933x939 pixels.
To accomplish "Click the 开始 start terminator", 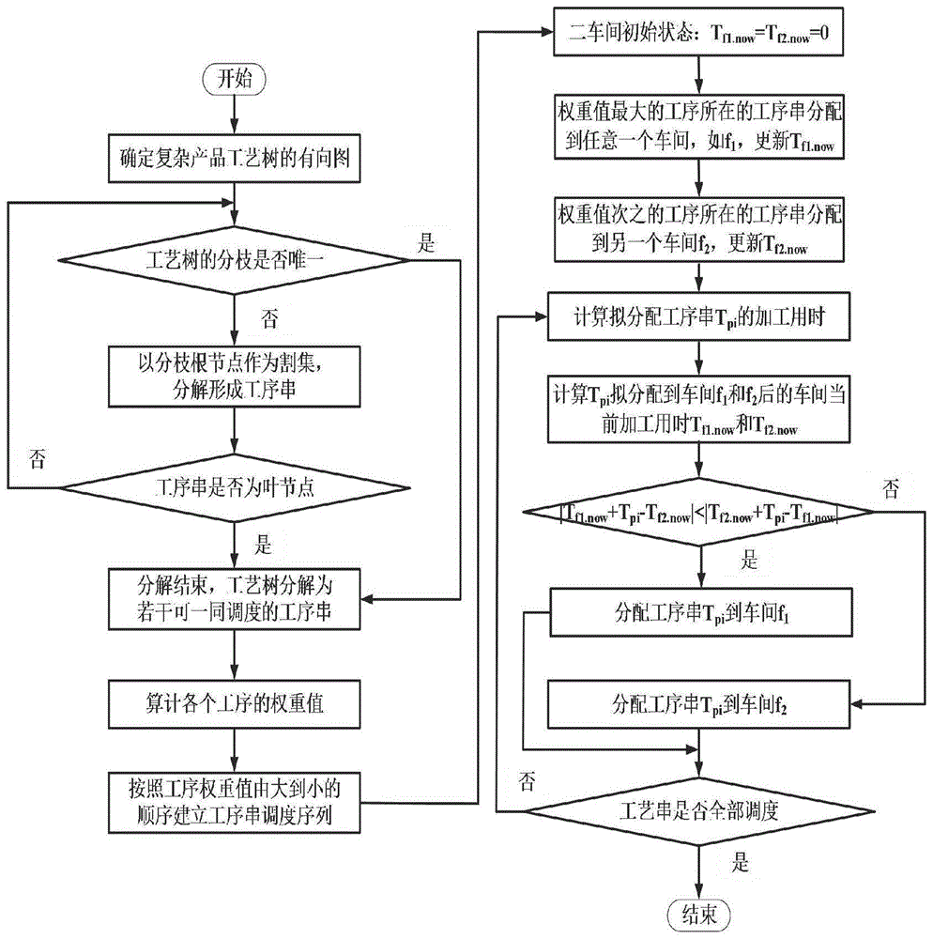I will (236, 79).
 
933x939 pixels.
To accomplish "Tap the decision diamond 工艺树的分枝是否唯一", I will (235, 258).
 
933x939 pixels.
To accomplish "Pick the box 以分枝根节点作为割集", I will (235, 375).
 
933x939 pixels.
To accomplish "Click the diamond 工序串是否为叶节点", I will (235, 488).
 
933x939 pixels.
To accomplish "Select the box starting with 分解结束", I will (235, 597).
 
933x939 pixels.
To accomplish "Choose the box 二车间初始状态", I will (696, 35).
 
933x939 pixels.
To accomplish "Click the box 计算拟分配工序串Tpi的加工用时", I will (696, 318).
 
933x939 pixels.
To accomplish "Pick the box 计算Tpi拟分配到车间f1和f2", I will (696, 410).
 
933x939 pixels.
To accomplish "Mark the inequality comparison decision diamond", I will (696, 513).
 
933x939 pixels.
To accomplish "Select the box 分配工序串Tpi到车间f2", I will (696, 701).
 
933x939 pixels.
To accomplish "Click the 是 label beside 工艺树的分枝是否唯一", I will (426, 248).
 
